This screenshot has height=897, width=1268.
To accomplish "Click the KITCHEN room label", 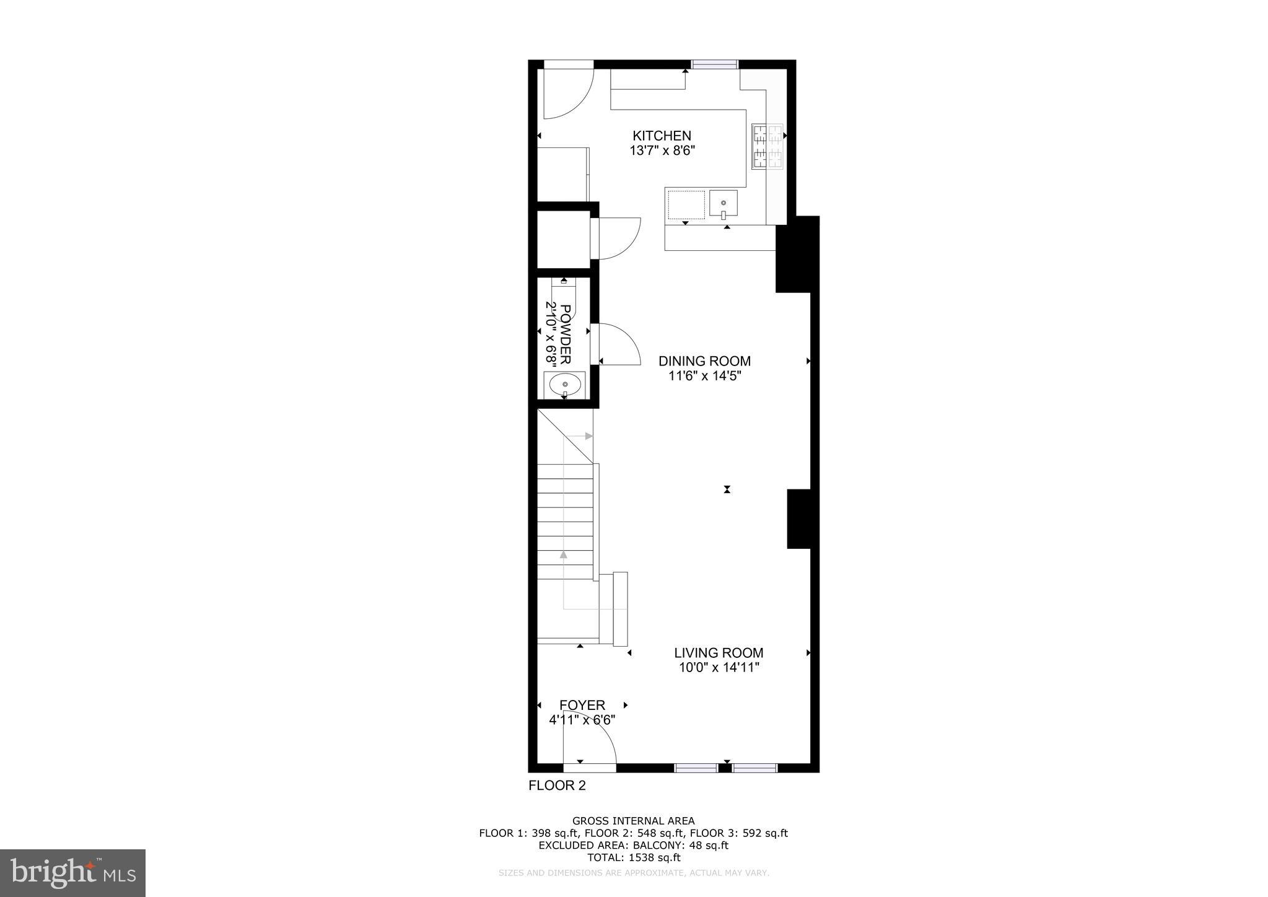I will [x=662, y=136].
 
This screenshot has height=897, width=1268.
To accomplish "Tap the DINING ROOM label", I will [x=704, y=361].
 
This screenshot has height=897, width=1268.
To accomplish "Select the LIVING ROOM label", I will [x=719, y=653].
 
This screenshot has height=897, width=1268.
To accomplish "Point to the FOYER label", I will [x=582, y=705].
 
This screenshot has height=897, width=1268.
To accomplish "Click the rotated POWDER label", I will [x=566, y=334].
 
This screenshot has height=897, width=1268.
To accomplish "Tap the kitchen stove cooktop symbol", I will [x=767, y=146].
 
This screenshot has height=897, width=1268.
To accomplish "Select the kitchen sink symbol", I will [x=723, y=204].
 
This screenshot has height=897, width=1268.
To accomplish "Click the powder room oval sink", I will [x=564, y=385].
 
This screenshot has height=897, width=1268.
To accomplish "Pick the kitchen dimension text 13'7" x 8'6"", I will [x=662, y=151].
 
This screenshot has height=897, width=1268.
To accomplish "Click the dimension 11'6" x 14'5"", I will [x=704, y=376].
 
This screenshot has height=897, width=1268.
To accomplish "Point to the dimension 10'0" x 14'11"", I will [x=719, y=668].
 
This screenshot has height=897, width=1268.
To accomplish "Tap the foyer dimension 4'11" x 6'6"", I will [x=582, y=720].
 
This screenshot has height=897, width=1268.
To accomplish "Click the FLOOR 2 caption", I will [x=557, y=786].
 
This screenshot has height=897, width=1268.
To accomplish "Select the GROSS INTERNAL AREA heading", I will [x=633, y=821].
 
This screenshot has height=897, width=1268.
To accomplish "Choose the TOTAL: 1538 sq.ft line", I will [x=633, y=858].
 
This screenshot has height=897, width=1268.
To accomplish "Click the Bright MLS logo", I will [x=73, y=873].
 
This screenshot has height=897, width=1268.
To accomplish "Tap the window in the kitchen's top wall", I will [x=715, y=64].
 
